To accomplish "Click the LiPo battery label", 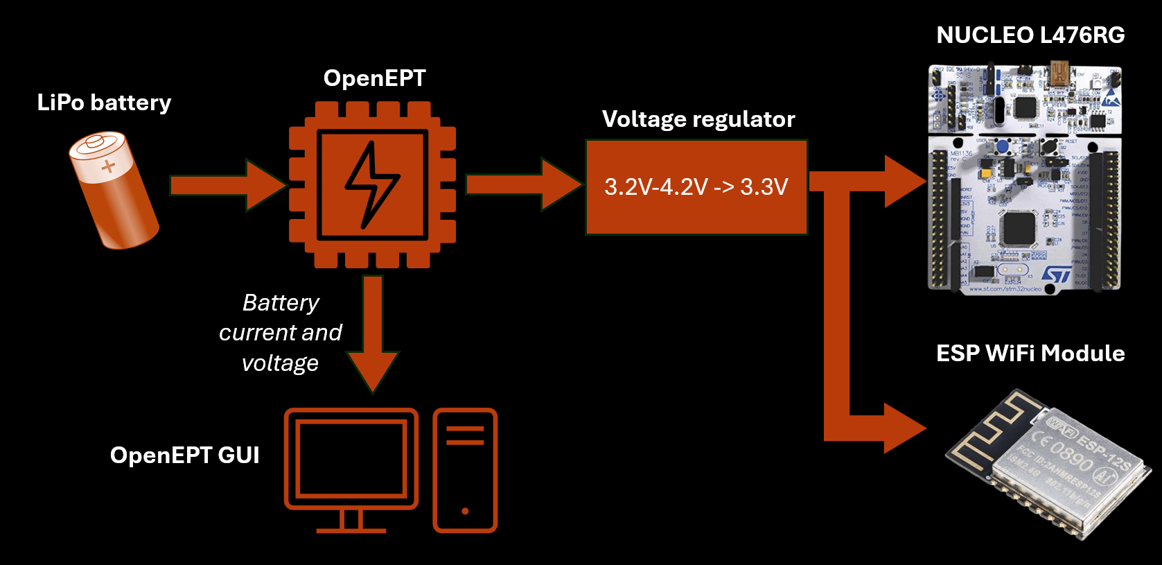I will (104, 103).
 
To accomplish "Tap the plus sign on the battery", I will (108, 166).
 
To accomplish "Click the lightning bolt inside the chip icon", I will (371, 185).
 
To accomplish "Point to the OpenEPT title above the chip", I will (374, 78).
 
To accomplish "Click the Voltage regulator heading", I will (698, 119).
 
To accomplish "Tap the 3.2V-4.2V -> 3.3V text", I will (696, 186).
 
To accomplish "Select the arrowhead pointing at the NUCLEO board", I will (904, 182).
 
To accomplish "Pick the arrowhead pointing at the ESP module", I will (904, 428).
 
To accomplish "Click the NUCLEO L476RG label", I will (1030, 35).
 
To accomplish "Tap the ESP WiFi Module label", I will (1030, 354).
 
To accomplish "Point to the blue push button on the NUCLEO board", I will (1002, 146).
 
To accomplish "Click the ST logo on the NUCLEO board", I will (1056, 275).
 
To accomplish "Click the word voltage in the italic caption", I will (280, 363).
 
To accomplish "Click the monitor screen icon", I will (351, 458).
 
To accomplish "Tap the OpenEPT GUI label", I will (184, 455).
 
